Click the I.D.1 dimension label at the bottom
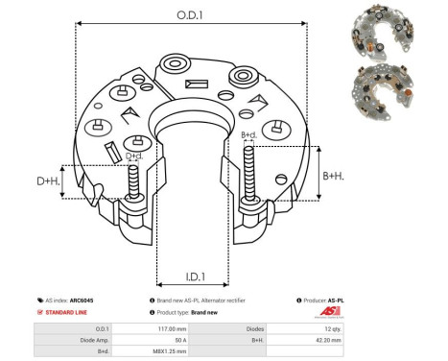192,277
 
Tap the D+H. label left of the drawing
49,181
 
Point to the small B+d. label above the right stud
248,135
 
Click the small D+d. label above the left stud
135,156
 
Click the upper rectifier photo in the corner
393,28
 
